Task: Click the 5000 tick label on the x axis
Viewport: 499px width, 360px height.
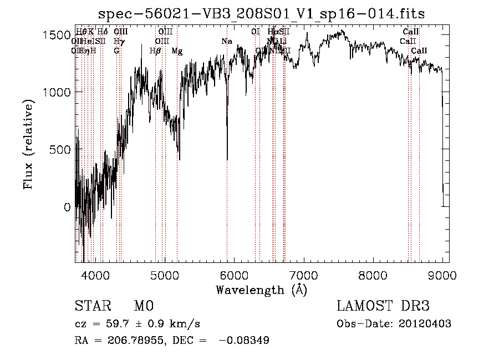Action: [x=164, y=275]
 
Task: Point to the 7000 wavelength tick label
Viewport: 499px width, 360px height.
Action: [x=304, y=275]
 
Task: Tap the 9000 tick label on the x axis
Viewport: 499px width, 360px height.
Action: [x=442, y=275]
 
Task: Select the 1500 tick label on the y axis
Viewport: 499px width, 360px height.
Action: [x=57, y=35]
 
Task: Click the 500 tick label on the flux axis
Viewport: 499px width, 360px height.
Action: [x=61, y=149]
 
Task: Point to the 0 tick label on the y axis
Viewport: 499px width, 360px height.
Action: [x=67, y=207]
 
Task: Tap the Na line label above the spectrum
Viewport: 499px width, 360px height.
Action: [x=227, y=41]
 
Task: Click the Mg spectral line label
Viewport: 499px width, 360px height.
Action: [x=177, y=51]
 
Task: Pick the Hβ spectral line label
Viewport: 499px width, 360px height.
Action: [x=155, y=51]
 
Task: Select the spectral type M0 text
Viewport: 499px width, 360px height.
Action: [x=143, y=307]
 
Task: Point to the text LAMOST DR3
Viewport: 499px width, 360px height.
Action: [x=383, y=307]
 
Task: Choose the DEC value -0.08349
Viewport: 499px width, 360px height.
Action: [x=245, y=341]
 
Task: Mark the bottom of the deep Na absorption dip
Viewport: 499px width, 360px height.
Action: [x=227, y=159]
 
